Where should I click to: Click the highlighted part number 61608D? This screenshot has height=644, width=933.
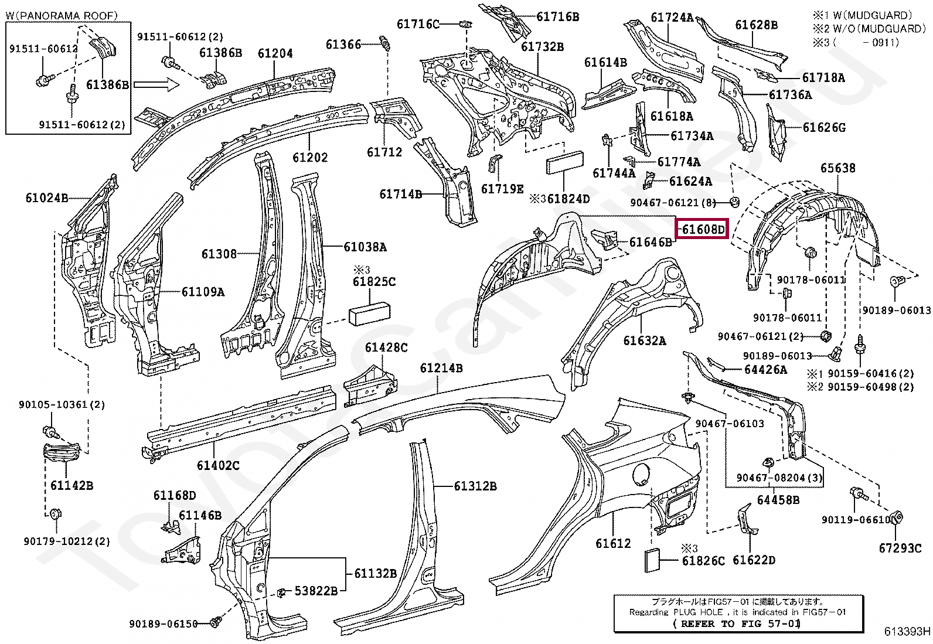click(x=702, y=229)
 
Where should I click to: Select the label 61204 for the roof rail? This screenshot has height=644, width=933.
click(x=275, y=53)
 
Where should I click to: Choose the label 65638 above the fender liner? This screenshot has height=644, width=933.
click(x=837, y=168)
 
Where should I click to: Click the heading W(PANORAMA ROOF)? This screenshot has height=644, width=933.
click(x=62, y=15)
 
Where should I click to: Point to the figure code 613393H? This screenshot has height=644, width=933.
click(x=907, y=631)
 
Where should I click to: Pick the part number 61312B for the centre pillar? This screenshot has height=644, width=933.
click(x=475, y=486)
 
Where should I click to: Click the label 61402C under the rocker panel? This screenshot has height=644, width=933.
click(x=218, y=465)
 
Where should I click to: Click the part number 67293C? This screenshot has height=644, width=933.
click(x=900, y=548)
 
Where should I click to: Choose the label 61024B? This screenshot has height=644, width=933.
click(x=46, y=197)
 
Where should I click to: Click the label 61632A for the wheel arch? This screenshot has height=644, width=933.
click(x=644, y=340)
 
